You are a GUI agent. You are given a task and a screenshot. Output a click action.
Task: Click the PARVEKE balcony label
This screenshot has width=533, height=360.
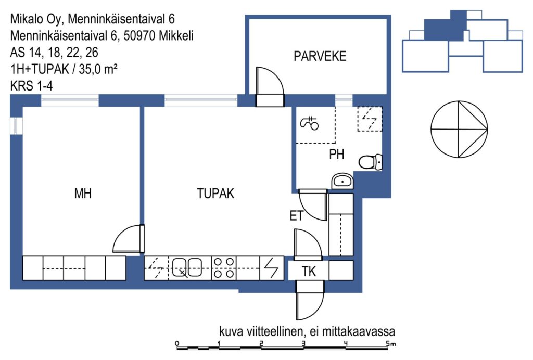[320, 56]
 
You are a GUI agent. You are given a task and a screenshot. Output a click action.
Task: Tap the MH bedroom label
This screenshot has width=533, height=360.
[83, 194]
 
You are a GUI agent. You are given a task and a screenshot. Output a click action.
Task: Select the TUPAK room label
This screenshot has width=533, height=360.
[215, 194]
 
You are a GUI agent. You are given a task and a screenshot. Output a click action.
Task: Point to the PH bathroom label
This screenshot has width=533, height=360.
[337, 155]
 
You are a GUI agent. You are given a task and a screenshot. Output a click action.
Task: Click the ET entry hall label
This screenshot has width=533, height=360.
[296, 216]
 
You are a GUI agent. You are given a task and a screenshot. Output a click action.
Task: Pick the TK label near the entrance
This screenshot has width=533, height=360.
[309, 272]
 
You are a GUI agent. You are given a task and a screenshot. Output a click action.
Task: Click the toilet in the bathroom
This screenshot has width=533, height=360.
[371, 162]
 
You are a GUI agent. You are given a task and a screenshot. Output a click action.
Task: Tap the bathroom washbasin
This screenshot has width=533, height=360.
[342, 182]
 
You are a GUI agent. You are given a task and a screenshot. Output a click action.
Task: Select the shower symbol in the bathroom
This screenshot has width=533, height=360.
[309, 123]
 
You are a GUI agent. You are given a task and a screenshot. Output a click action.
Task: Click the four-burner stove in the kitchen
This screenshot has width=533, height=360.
[224, 268]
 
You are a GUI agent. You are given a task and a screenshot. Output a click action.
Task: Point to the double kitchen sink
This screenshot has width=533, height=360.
[187, 268]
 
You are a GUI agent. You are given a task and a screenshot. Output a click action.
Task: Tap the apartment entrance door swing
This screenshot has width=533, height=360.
[310, 301]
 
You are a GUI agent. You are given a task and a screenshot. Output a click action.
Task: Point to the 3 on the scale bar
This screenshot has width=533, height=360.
[303, 343]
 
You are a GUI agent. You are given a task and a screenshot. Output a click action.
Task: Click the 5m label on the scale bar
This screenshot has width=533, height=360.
[391, 343]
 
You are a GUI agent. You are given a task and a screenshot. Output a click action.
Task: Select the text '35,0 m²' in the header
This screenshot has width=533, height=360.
[98, 69]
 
